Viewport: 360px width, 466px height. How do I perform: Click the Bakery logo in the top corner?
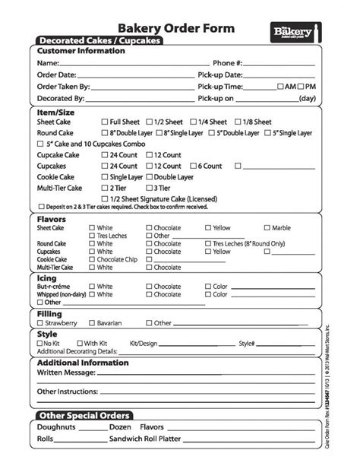[x=297, y=31]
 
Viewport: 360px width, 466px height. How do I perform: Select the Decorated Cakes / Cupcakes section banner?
[x=99, y=40]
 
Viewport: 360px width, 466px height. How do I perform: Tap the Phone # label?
[x=228, y=63]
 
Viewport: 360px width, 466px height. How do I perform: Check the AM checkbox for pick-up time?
[x=281, y=87]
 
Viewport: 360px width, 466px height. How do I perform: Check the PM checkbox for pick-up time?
[x=301, y=87]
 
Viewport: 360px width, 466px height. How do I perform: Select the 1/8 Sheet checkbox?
[x=238, y=122]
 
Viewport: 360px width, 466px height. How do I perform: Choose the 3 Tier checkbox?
[x=150, y=187]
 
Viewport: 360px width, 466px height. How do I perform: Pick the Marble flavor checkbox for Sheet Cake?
[x=267, y=228]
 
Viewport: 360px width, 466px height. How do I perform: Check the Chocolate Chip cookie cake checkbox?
[x=92, y=260]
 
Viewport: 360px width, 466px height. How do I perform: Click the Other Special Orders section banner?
[x=84, y=415]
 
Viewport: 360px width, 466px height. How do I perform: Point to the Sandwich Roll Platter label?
[x=147, y=439]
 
